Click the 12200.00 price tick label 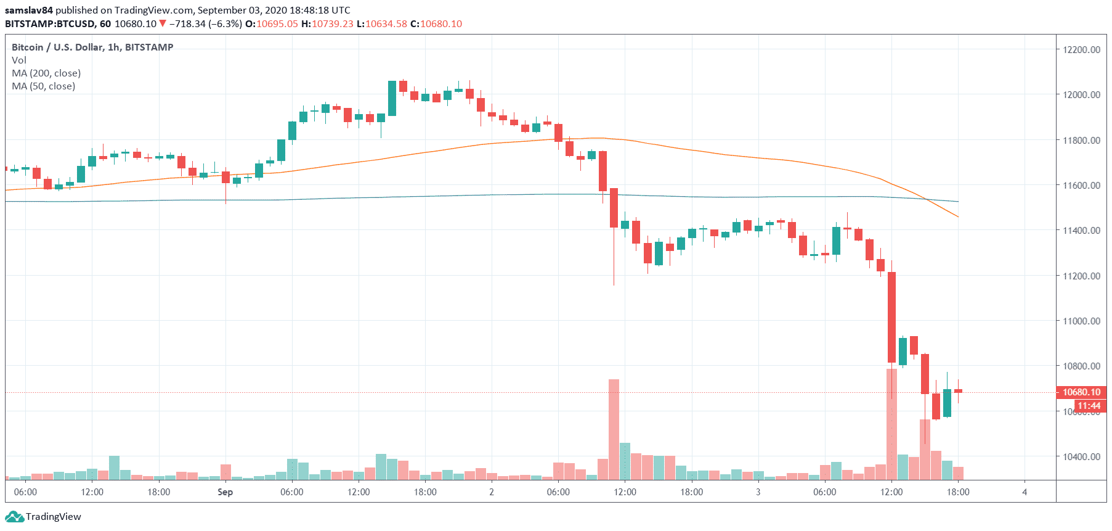pos(1081,50)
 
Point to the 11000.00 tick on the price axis pos(1081,321)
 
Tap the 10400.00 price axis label pos(1081,457)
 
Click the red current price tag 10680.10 pos(1081,392)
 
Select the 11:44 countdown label pos(1089,406)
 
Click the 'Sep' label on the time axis pos(225,492)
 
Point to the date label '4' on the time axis pos(1025,492)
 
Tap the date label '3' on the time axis pos(758,492)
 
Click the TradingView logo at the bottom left pos(43,517)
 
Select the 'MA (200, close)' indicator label pos(46,73)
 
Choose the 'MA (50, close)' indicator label pos(43,86)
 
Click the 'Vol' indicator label pos(19,60)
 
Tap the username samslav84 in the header pos(29,10)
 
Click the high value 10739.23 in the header pos(333,24)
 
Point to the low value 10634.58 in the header pos(386,24)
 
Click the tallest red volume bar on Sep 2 pos(614,429)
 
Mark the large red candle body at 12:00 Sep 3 pos(891,317)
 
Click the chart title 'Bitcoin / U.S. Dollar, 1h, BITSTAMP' pos(92,47)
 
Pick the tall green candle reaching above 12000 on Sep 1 pos(392,98)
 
